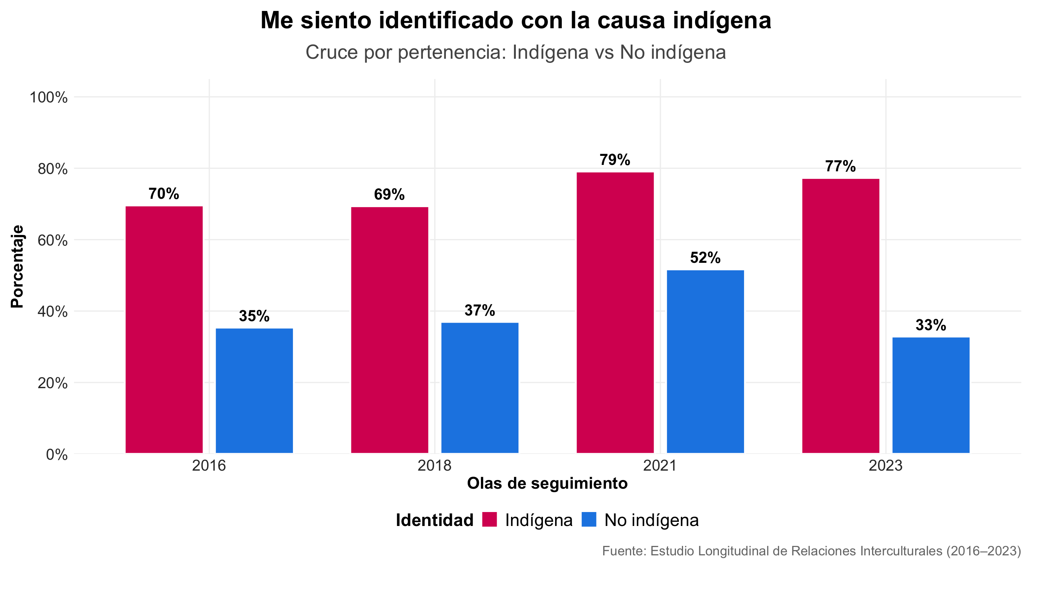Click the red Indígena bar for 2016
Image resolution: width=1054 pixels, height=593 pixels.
click(164, 329)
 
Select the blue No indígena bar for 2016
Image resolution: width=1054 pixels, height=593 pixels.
click(254, 390)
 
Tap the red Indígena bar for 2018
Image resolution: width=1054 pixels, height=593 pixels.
click(389, 329)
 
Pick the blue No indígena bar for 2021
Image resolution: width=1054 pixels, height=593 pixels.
click(705, 361)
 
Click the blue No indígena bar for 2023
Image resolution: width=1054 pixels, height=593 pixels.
click(931, 395)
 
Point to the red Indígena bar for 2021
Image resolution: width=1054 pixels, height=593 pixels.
click(615, 313)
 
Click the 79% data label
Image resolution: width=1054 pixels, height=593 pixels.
click(615, 160)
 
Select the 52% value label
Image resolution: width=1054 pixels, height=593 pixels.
click(705, 258)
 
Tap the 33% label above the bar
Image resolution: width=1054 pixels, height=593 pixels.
click(931, 325)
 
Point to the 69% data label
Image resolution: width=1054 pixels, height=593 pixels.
click(389, 194)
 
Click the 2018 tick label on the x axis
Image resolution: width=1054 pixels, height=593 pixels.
click(435, 466)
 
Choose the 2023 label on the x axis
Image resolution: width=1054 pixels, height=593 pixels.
click(886, 466)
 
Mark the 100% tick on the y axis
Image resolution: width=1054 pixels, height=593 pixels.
click(48, 98)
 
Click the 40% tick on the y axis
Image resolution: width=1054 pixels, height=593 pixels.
click(52, 312)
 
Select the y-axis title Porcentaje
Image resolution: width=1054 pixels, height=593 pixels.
click(17, 266)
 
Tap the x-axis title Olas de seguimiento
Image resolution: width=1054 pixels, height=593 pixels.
click(547, 483)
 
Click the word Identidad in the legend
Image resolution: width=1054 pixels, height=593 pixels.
click(435, 520)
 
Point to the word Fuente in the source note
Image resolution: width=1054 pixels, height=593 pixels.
click(624, 551)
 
